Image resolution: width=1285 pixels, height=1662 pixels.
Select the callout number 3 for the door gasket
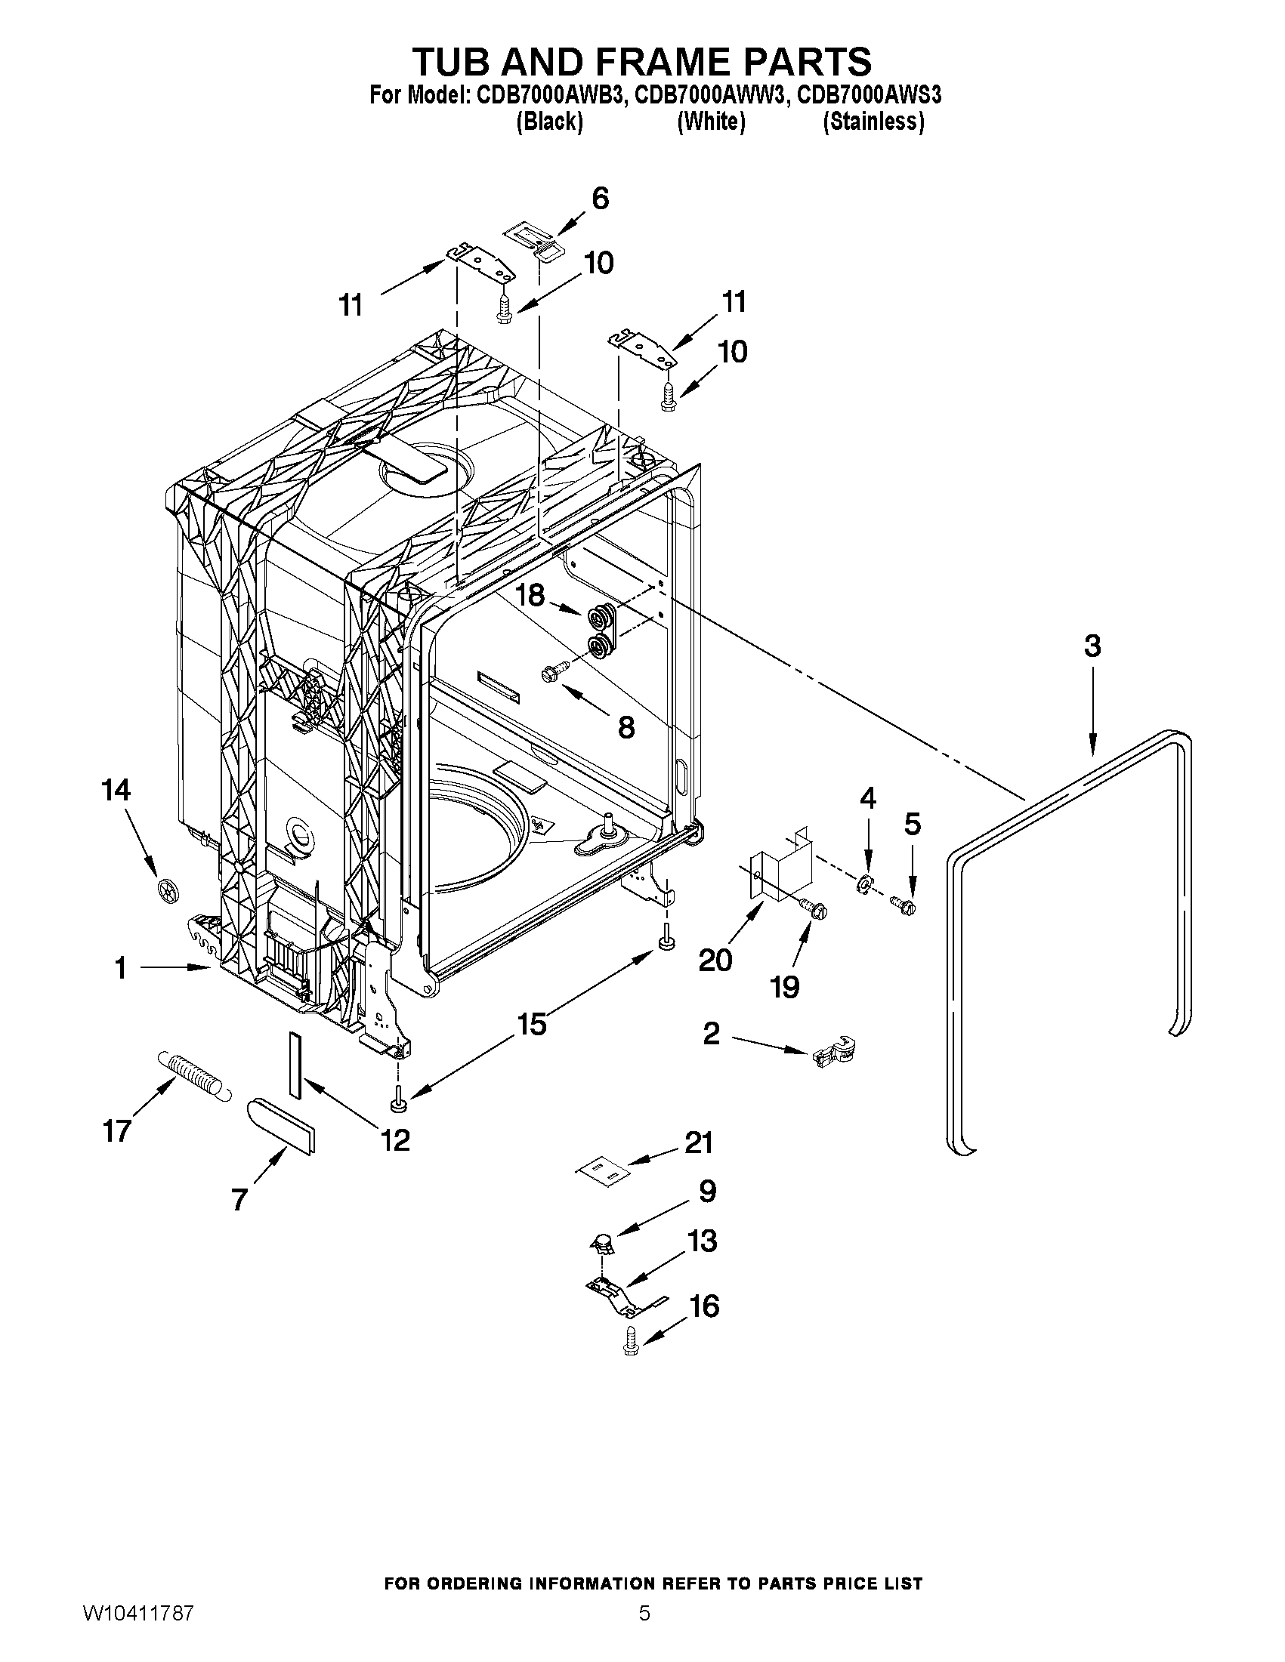[x=1092, y=646]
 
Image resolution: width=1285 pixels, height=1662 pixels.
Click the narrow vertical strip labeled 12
[x=295, y=1065]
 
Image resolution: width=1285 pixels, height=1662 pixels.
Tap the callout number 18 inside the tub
[x=530, y=595]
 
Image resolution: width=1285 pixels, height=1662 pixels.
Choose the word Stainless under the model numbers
[x=873, y=122]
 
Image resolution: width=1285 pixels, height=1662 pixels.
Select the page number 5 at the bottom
[x=644, y=1611]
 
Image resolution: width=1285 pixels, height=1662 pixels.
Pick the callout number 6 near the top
[x=600, y=199]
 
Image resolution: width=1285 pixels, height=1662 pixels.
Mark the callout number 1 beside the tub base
[x=120, y=968]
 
